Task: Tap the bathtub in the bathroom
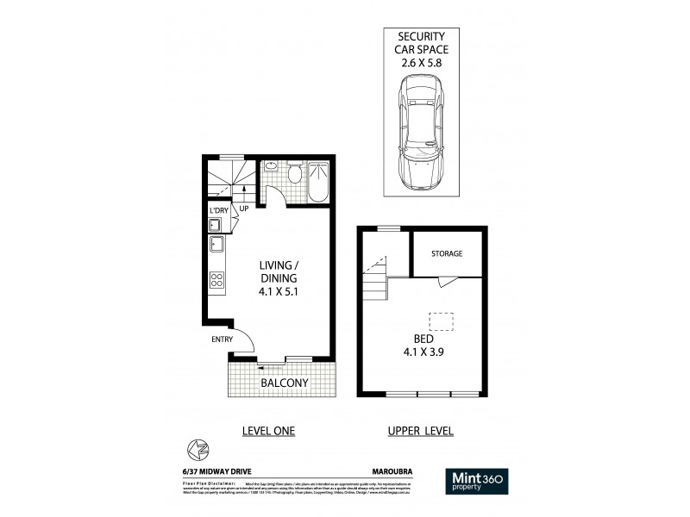pos(318,181)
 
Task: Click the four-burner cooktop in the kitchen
pos(216,279)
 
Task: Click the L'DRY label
pos(217,210)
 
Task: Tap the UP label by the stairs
pos(245,208)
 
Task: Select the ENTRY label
pos(222,339)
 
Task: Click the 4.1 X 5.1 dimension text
pos(279,292)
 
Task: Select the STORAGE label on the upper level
pos(447,253)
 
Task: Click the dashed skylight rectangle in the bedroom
pos(442,320)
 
